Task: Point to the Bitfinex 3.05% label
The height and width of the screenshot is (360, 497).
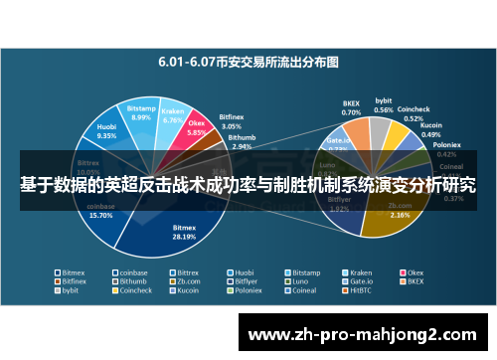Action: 231,122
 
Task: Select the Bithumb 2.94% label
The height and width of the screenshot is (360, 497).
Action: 242,142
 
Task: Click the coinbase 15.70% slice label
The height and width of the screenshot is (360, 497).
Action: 102,211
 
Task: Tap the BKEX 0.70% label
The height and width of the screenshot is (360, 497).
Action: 351,106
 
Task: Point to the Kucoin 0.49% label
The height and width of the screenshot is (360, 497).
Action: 431,130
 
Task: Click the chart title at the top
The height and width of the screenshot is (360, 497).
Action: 248,61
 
